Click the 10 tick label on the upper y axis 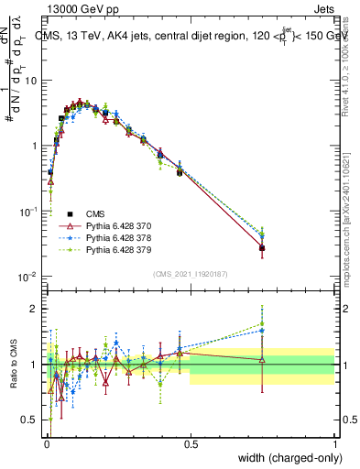click(31, 81)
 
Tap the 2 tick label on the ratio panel click(36, 309)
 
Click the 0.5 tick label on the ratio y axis click(31, 420)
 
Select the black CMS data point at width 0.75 click(262, 248)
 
